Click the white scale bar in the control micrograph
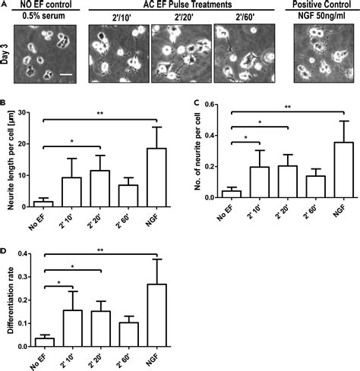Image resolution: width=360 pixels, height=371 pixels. point(68,74)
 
